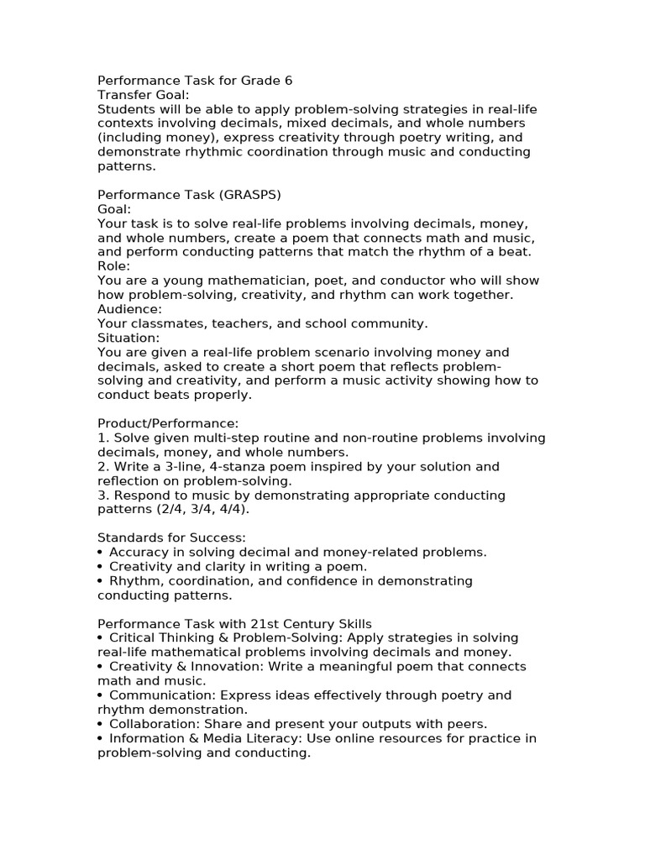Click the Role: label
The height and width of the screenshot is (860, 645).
click(113, 266)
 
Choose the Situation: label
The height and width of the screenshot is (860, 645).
click(128, 338)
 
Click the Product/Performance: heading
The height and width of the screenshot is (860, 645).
click(168, 423)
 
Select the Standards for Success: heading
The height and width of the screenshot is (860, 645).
click(172, 537)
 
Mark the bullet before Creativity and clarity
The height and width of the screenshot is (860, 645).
click(101, 567)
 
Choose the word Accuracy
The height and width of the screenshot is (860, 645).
click(139, 552)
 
